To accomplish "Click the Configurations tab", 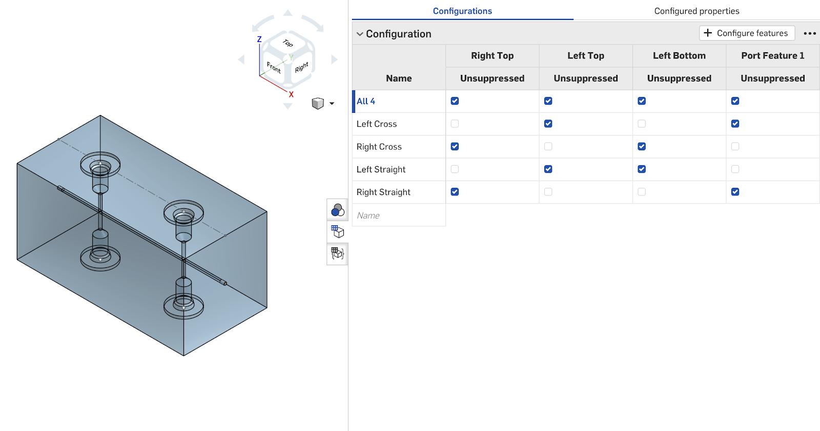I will click(x=462, y=11).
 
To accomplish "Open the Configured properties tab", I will click(x=696, y=11).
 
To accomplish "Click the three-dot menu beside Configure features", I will click(x=809, y=33).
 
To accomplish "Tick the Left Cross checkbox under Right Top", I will click(x=455, y=124).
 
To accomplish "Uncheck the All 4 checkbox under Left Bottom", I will click(x=642, y=101).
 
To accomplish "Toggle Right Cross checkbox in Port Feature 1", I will click(x=735, y=146).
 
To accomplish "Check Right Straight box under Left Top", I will click(x=548, y=192).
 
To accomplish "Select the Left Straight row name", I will click(x=381, y=169).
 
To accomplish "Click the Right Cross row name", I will click(x=379, y=147).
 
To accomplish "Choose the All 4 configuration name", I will click(x=366, y=101).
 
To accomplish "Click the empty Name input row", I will click(x=398, y=215).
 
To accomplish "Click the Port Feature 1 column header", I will click(x=772, y=55).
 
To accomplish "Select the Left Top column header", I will click(x=585, y=55).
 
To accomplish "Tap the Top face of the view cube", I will click(x=288, y=44).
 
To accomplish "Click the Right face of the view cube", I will click(x=301, y=67).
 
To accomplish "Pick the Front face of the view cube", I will click(x=274, y=67).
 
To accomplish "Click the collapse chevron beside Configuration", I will click(x=360, y=34).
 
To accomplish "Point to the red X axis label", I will click(x=291, y=94).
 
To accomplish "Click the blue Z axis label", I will click(x=259, y=39).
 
